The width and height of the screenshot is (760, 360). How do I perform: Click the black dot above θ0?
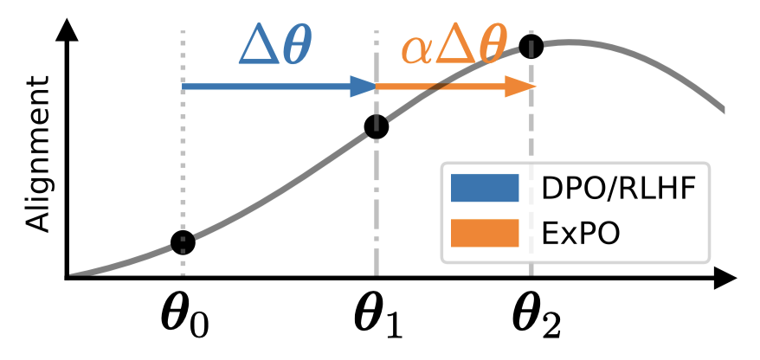pyautogui.click(x=183, y=242)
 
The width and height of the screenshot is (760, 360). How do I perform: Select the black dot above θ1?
pyautogui.click(x=377, y=127)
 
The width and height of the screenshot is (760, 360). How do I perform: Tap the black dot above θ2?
pyautogui.click(x=531, y=46)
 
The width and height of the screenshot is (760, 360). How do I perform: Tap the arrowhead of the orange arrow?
pyautogui.click(x=522, y=86)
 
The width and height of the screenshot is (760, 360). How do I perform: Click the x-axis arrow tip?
pyautogui.click(x=730, y=279)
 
